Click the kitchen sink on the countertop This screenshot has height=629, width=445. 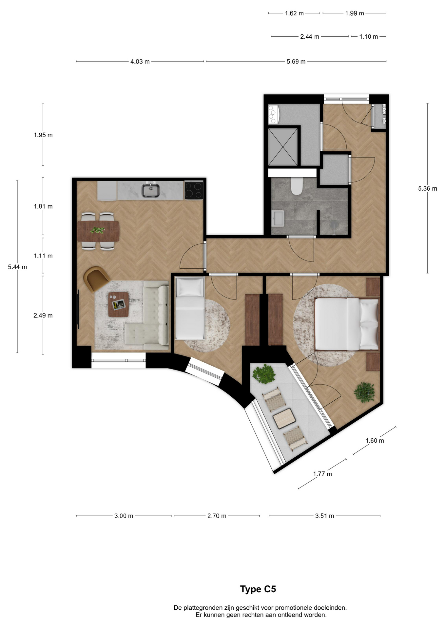click(x=150, y=190)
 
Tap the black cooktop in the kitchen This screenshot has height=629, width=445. click(x=194, y=190)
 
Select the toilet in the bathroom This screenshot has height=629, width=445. click(x=297, y=186)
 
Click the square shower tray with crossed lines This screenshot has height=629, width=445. click(x=283, y=147)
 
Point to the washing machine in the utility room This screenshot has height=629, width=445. click(x=273, y=114)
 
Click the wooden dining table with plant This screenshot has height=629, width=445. click(x=98, y=231)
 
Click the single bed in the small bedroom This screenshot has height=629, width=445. click(x=190, y=308)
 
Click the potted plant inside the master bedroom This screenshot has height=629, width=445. click(x=364, y=392)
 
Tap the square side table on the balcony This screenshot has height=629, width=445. click(x=284, y=419)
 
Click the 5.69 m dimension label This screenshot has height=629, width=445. click(x=296, y=62)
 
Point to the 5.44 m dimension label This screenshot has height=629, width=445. click(x=17, y=267)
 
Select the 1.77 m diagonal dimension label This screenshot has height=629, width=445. click(x=322, y=474)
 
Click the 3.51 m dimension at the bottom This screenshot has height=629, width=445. click(x=324, y=516)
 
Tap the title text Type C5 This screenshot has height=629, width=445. click(x=258, y=589)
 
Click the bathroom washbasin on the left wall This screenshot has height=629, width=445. click(x=278, y=218)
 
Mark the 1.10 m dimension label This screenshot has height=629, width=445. click(x=368, y=37)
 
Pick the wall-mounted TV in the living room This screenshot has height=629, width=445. click(x=78, y=309)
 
